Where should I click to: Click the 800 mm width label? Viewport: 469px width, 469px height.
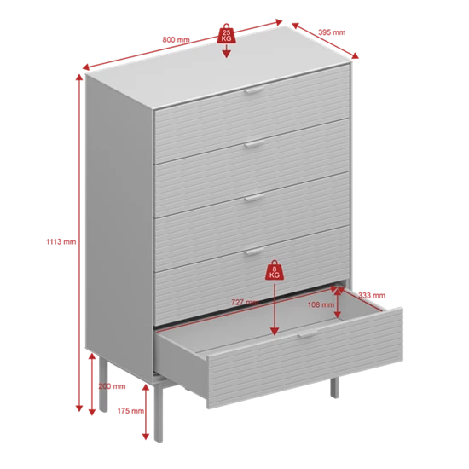click(176, 39)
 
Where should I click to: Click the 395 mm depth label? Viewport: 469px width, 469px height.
click(332, 32)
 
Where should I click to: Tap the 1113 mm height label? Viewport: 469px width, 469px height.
click(61, 241)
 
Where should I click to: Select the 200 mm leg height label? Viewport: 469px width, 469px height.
click(113, 386)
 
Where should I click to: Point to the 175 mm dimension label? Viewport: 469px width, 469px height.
click(130, 411)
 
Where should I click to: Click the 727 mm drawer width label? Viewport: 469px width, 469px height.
click(245, 302)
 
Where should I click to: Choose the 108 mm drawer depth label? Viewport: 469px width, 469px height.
click(321, 304)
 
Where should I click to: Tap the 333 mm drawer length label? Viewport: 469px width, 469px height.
click(372, 296)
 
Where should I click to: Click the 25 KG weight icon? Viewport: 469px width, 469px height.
click(227, 33)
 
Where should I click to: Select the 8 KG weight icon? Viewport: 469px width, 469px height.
click(275, 269)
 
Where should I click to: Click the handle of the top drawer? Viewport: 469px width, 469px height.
click(255, 90)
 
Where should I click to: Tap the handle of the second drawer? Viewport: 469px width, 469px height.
click(255, 144)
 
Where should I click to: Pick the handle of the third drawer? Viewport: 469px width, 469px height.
click(255, 198)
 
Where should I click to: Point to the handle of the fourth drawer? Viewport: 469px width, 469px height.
click(255, 252)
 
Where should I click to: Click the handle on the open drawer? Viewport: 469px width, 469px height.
click(307, 333)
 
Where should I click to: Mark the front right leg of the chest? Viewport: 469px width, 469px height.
click(334, 388)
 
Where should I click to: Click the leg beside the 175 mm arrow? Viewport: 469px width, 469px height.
click(159, 412)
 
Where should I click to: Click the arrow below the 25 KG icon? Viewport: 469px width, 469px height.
click(227, 51)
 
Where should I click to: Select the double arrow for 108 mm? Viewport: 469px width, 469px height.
click(338, 303)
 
